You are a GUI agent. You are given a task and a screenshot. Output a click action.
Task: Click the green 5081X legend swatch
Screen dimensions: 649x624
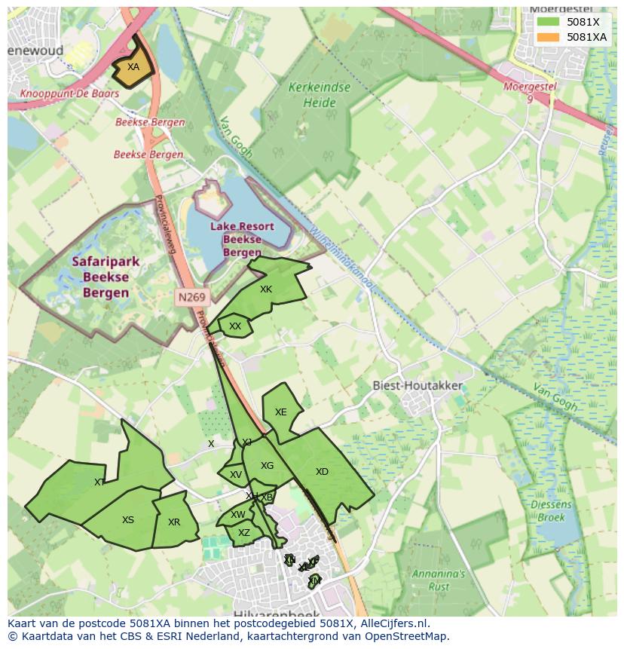(548, 22)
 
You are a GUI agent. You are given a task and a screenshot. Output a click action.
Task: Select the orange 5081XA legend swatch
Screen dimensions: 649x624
(548, 37)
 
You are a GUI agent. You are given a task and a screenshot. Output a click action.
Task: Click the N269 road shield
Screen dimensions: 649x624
(191, 297)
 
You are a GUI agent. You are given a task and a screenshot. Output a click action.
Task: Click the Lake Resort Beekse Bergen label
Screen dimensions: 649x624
(242, 239)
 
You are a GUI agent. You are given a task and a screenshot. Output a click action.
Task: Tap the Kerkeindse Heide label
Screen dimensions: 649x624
(319, 95)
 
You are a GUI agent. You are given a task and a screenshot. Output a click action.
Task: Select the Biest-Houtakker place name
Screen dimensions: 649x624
(418, 385)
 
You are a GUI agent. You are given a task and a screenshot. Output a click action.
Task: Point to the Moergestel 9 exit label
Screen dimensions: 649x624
(530, 93)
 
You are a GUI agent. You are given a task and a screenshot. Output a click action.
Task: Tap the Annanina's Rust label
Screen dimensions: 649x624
(439, 580)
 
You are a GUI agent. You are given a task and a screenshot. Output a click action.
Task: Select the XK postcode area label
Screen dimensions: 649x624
(265, 289)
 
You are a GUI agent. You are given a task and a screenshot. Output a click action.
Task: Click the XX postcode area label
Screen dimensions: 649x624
(235, 326)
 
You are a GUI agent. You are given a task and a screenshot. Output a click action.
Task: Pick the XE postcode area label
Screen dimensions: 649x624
(280, 412)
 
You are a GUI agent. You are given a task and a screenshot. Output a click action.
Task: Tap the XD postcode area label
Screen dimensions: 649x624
(322, 472)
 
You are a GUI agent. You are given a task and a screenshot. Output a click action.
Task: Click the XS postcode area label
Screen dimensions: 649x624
(128, 520)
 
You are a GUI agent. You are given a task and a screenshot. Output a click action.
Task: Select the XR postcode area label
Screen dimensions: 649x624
(174, 522)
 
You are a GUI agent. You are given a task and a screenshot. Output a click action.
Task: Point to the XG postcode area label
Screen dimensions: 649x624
(267, 466)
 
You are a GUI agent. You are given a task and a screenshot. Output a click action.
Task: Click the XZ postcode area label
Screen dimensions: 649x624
(243, 533)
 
